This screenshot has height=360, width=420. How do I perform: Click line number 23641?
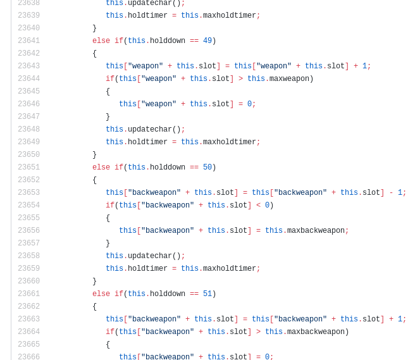point(29,40)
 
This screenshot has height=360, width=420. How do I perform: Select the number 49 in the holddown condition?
point(207,40)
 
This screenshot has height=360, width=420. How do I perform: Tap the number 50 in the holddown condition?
point(207,167)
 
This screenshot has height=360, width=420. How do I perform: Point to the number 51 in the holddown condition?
point(207,294)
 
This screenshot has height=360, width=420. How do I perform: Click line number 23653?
point(29,192)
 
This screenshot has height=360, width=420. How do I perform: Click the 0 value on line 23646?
point(249,104)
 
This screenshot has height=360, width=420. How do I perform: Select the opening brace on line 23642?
point(94,53)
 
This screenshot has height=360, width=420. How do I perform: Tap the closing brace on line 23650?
point(94,154)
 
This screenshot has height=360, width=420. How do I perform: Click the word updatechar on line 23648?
point(150,129)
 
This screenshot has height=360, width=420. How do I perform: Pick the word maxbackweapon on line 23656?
point(316,230)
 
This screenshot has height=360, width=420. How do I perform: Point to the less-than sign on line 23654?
point(258,205)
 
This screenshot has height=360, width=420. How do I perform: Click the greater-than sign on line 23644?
point(240,78)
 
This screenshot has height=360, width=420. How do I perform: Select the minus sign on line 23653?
point(391,192)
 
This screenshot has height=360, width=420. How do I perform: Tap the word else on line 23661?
point(101,294)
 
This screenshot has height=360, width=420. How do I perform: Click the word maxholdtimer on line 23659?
point(229,268)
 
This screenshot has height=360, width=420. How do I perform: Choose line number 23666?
point(29,357)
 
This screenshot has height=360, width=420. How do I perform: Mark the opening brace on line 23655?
point(108,218)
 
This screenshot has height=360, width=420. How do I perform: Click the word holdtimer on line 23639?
point(147,15)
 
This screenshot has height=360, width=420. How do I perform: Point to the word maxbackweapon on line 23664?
point(316,332)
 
